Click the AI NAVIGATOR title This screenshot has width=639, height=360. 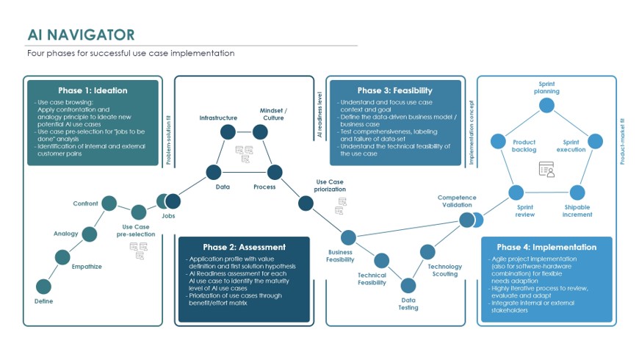(81, 35)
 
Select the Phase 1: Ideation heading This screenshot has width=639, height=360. (93, 90)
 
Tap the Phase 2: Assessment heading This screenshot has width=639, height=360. (244, 247)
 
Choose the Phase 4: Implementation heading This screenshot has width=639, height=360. (546, 247)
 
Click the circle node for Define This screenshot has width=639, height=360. (44, 287)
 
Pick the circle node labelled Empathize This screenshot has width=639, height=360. (64, 256)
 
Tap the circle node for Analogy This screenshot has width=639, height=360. (90, 234)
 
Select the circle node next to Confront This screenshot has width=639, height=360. (109, 204)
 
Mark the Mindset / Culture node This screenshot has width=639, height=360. (260, 132)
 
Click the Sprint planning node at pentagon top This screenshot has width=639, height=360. (546, 105)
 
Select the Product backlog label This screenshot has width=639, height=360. (524, 145)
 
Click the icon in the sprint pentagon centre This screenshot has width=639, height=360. (546, 169)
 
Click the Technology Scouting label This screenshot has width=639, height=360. (445, 270)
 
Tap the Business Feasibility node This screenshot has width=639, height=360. (348, 237)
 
